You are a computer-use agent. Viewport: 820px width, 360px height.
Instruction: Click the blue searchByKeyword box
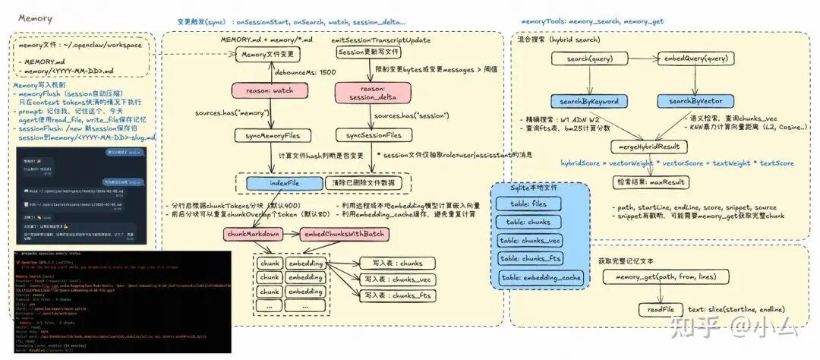pyautogui.click(x=589, y=102)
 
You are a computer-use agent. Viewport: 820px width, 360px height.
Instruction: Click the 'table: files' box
pyautogui.click(x=529, y=204)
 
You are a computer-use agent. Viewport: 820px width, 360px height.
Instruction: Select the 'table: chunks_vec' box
pyautogui.click(x=529, y=241)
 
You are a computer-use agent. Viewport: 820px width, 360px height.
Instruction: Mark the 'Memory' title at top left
pyautogui.click(x=35, y=17)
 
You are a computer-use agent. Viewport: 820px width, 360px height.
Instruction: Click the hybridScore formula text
pyautogui.click(x=677, y=163)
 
